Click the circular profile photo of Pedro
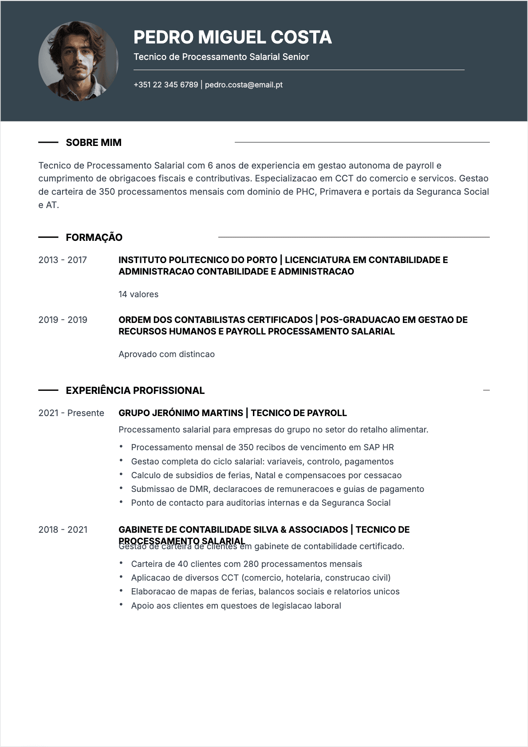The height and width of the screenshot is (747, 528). pos(78,61)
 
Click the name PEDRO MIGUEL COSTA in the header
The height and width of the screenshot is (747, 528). pos(232,37)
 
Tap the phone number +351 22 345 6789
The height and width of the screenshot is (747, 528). pos(165,85)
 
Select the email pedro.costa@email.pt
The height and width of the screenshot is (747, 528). pos(244,85)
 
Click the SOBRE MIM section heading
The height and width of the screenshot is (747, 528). pos(94,142)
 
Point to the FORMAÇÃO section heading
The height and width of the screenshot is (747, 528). pos(94,237)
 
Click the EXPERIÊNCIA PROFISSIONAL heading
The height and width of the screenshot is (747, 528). pos(135,390)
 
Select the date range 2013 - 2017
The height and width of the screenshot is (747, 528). pos(63,260)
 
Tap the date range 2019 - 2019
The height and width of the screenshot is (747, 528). pos(63,320)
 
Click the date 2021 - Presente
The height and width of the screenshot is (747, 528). pos(71,413)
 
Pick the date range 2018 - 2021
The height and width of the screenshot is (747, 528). pos(63,530)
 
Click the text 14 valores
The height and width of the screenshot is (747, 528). pos(138,294)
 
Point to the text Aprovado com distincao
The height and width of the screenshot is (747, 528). pos(166,354)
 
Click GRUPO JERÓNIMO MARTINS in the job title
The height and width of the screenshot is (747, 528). pos(181,413)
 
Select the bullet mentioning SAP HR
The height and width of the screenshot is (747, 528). pos(262,447)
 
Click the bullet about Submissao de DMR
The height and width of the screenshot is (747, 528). pos(277,489)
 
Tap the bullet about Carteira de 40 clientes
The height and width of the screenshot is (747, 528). pos(246,564)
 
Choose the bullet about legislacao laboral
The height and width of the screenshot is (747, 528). pos(236,605)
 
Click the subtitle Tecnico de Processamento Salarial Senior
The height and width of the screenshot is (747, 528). pos(221,57)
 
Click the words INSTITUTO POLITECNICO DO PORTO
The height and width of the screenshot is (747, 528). pos(197,260)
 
